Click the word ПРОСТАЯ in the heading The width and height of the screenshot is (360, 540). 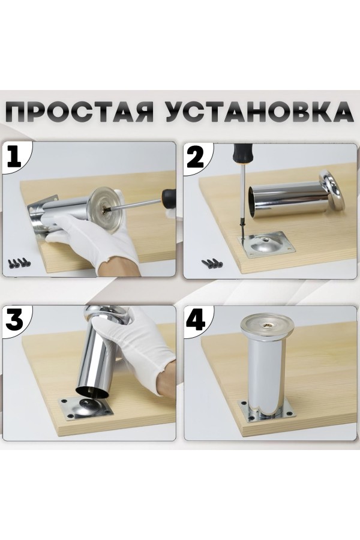[80, 112]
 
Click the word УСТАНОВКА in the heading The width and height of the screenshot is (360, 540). [259, 112]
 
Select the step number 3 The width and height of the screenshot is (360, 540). [14, 320]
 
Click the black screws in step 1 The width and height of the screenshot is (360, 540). [19, 263]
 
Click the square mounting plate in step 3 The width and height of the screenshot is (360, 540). [86, 408]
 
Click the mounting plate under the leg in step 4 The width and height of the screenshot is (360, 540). [267, 410]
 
